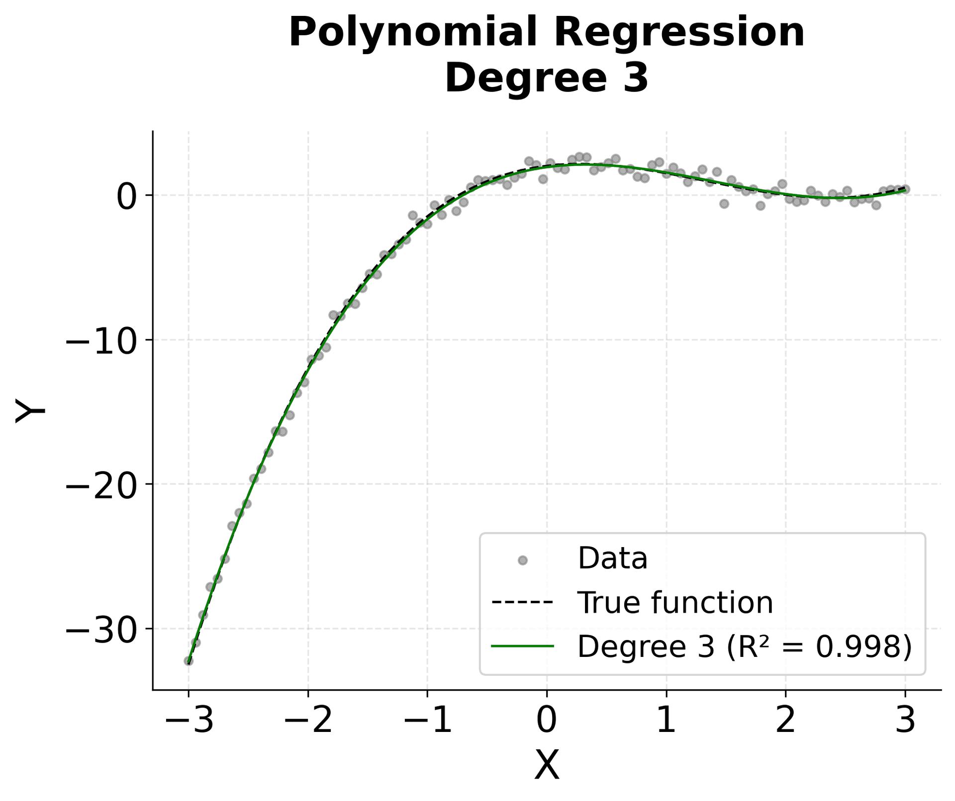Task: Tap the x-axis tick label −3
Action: tap(189, 721)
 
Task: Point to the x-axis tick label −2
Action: tap(308, 721)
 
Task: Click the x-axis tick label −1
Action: tap(427, 721)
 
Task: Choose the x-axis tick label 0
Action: tap(547, 721)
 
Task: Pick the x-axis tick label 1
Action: tap(666, 721)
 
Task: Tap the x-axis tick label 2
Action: tap(785, 721)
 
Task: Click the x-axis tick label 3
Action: tap(905, 721)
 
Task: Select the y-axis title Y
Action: tap(31, 410)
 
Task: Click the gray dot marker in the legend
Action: tap(522, 560)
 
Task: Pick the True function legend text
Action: tap(675, 603)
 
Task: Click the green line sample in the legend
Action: tap(522, 646)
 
